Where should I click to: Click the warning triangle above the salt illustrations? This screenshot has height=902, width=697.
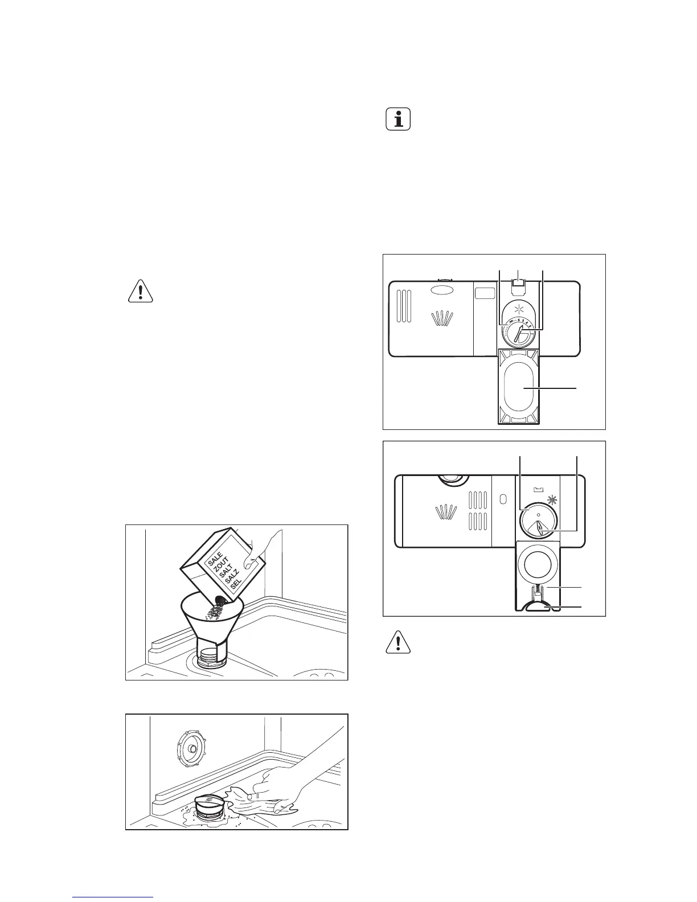(x=140, y=292)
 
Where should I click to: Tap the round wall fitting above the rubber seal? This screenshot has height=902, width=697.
(x=192, y=747)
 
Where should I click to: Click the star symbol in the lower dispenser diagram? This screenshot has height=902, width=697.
(x=551, y=501)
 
